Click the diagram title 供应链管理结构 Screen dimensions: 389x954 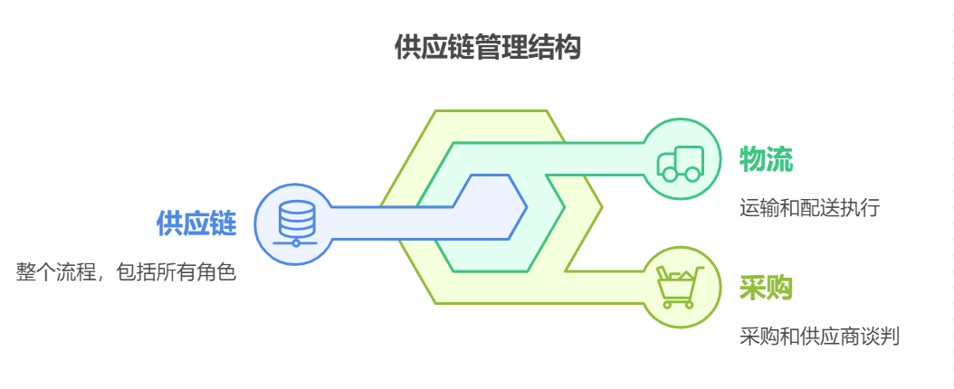coord(487,47)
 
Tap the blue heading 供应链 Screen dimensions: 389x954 coord(196,223)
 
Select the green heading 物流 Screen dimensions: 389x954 coord(766,159)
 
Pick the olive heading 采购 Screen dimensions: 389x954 coord(766,288)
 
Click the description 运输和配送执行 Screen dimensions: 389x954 coord(809,208)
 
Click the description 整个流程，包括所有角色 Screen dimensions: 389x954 coord(126,271)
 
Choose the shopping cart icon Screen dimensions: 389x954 coord(679,288)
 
